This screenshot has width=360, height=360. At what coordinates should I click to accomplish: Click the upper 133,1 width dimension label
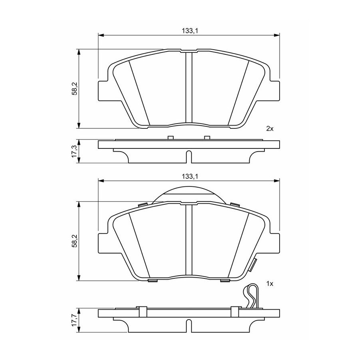point(190,31)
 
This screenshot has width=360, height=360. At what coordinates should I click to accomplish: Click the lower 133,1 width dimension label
point(190,176)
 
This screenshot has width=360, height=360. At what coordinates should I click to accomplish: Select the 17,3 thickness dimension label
point(74,151)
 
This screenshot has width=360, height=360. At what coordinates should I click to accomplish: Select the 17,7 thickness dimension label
point(74,320)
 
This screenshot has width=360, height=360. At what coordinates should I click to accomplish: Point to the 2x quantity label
point(270,129)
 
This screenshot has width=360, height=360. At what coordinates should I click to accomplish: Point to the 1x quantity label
point(270,284)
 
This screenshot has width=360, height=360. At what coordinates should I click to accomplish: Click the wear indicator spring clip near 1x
point(252,296)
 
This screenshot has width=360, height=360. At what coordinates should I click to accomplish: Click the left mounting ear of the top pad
point(103,91)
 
